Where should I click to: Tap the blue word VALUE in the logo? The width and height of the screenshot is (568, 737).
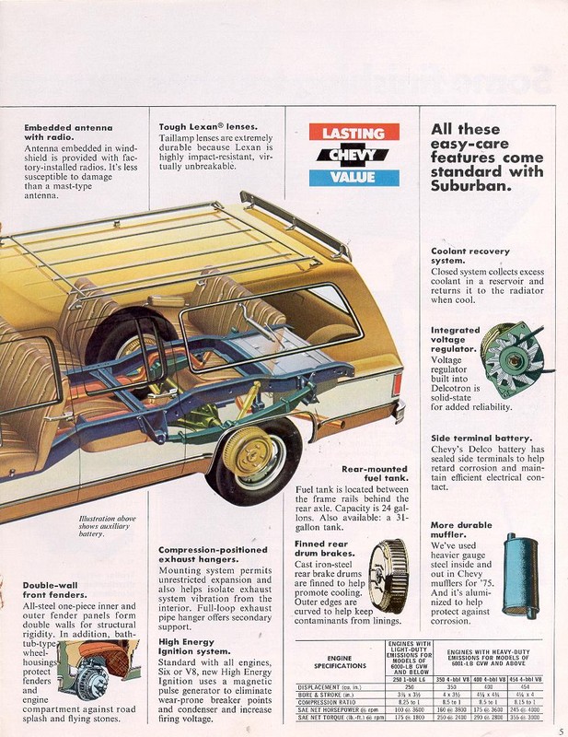[x=354, y=178]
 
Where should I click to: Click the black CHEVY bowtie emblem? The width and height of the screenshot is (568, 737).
[x=354, y=156]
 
